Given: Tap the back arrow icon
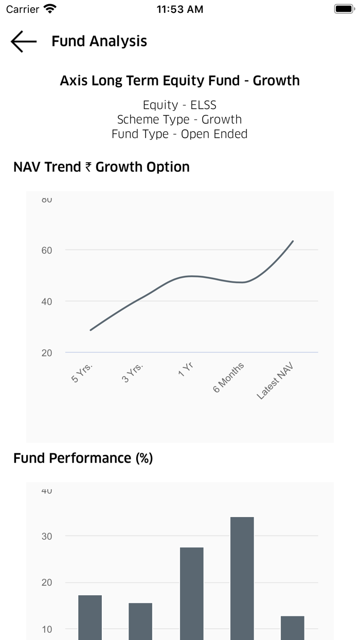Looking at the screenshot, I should (24, 42).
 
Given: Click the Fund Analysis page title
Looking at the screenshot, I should (99, 41).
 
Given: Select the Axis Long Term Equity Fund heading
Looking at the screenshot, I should (180, 81).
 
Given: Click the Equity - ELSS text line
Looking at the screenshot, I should (180, 105).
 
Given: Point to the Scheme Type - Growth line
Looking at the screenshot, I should (180, 119).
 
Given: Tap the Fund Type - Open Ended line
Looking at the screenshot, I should (180, 134).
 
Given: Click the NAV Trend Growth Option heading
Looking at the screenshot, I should (101, 167).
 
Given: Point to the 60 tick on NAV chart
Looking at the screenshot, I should (47, 251).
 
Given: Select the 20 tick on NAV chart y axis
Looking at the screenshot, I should (47, 353).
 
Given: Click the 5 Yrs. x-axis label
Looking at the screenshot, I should (82, 372).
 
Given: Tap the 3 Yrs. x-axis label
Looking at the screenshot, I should (133, 372).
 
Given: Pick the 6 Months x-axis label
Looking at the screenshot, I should (229, 377).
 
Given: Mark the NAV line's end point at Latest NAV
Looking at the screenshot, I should (293, 241).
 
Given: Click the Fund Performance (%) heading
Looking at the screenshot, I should (83, 458).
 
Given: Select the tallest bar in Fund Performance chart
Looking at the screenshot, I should (242, 576).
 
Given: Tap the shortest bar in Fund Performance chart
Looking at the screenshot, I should (292, 628).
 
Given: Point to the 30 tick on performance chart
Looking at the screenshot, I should (47, 536).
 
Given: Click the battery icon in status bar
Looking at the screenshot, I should (343, 9).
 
